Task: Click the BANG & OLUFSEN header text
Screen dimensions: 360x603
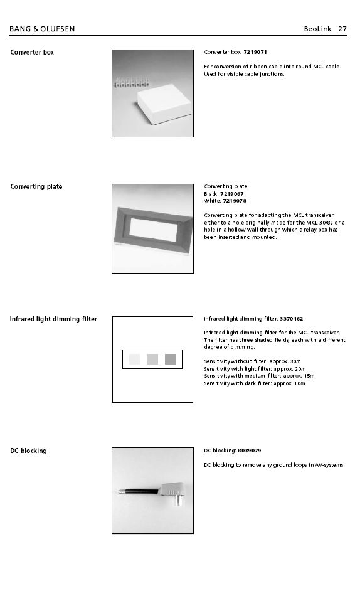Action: coord(42,29)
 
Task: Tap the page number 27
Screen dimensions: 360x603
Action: coord(342,29)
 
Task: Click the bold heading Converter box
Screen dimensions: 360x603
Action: coord(32,52)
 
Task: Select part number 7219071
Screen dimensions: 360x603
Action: coord(255,52)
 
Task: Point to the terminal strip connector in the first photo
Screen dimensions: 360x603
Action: coord(131,82)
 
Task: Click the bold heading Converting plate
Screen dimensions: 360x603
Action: coord(36,187)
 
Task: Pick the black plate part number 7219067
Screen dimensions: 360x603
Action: coord(231,194)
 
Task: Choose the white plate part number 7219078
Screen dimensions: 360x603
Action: coord(235,201)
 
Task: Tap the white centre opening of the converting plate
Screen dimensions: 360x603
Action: coord(154,230)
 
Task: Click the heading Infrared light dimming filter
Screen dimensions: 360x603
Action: coord(53,319)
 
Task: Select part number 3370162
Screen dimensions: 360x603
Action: coord(291,319)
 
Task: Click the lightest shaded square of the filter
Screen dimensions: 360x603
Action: coord(134,359)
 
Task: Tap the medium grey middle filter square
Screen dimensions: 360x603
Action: coord(152,359)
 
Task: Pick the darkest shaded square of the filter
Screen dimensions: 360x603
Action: coord(170,359)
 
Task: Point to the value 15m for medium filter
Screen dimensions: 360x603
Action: coord(309,376)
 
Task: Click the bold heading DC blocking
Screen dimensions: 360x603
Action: coord(28,451)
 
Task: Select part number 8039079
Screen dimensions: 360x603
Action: coord(250,451)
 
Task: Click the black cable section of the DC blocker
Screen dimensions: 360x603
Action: coord(142,492)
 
